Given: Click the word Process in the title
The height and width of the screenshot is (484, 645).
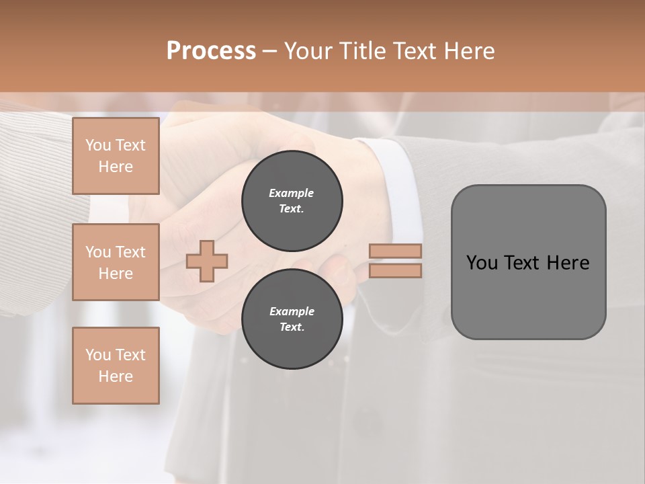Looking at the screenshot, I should click(211, 51).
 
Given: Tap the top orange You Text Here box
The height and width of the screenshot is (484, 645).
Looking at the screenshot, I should click(116, 156).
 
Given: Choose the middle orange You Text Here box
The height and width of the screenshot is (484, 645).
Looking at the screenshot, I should click(116, 262).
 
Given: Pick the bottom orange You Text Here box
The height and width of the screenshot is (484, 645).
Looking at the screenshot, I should click(116, 366).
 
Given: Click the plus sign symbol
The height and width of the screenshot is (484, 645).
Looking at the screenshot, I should click(207, 261).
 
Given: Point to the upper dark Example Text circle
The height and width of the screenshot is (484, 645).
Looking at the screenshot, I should click(292, 201).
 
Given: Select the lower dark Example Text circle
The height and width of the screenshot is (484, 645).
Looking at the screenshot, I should click(292, 319).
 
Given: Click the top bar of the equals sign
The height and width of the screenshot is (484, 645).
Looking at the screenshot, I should click(396, 251).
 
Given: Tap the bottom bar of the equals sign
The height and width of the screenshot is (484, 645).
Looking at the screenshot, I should click(396, 270).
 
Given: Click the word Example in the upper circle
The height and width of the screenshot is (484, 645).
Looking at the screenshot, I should click(291, 193).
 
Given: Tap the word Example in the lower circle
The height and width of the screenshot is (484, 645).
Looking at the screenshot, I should click(292, 311).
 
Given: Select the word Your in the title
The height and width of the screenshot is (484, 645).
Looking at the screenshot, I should click(307, 51).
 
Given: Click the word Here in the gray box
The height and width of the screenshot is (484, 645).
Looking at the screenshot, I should click(568, 263).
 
